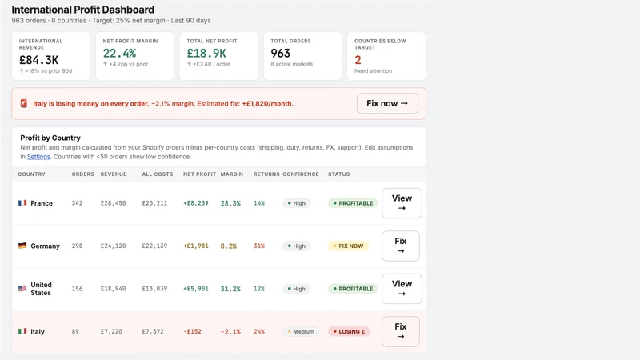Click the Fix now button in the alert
(387, 103)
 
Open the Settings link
(38, 157)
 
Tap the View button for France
(402, 203)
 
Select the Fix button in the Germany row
(401, 246)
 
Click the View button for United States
(402, 289)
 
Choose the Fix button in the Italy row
(401, 331)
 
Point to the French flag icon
(22, 203)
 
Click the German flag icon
(22, 246)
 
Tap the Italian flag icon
(22, 331)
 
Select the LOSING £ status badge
(349, 331)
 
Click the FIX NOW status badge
(348, 246)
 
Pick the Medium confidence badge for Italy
(301, 331)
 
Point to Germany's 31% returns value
(259, 246)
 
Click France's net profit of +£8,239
(196, 203)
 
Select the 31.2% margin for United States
(230, 289)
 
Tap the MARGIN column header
(232, 174)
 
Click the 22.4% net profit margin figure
(119, 53)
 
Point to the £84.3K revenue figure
(38, 60)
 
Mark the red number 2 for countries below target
(358, 60)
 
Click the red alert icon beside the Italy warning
(24, 104)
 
